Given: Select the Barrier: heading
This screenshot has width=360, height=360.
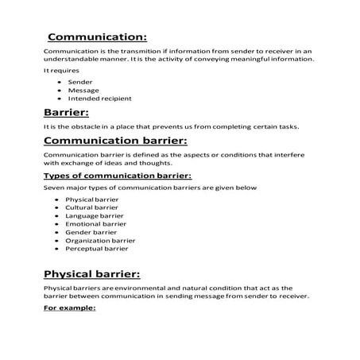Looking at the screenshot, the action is [x=67, y=113].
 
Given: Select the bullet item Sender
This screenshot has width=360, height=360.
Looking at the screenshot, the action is [x=80, y=82].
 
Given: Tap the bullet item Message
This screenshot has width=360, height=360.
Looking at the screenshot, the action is [x=83, y=90].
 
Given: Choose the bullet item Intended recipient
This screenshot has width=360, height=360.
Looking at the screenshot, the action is [x=100, y=99].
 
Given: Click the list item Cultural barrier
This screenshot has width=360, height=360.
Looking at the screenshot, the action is [x=91, y=207].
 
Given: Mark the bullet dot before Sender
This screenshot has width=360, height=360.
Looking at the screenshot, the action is [x=60, y=82].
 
